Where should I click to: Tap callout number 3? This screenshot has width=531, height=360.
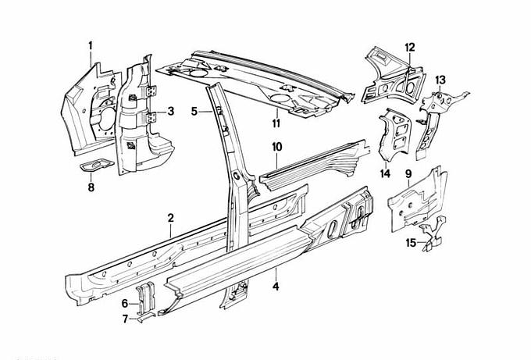(170, 112)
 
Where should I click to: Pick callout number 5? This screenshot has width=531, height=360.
(194, 112)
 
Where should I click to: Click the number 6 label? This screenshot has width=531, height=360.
(125, 303)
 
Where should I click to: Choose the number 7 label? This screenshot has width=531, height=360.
(125, 318)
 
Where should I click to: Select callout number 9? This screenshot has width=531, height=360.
(408, 173)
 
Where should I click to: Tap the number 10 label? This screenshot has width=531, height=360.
(276, 146)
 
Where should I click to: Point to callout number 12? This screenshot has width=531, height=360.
(408, 47)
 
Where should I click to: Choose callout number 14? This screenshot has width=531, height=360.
(385, 173)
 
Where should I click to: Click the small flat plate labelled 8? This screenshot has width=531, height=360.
(94, 165)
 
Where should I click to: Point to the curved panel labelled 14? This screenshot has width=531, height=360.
(394, 133)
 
